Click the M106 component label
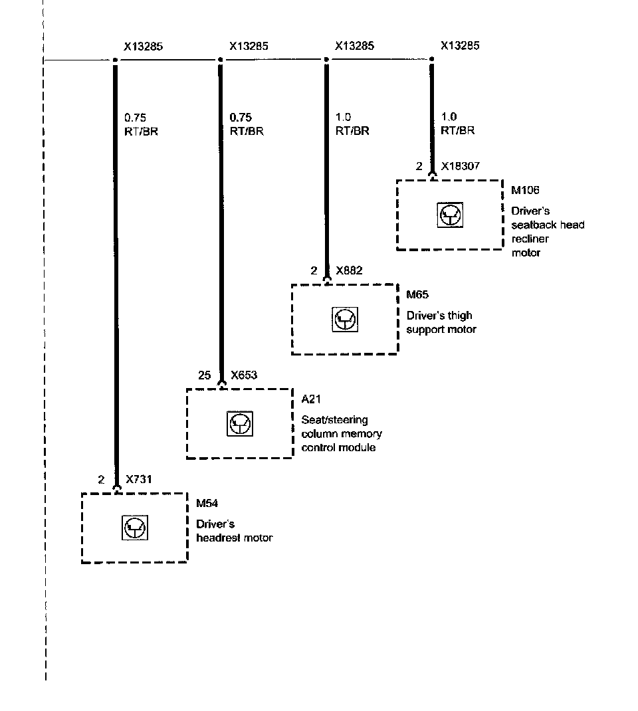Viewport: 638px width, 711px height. [524, 191]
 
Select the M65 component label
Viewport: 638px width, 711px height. [418, 295]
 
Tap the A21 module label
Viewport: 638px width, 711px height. [311, 399]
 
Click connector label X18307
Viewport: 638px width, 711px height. [460, 166]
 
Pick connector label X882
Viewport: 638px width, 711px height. [349, 270]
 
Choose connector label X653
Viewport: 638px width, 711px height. [244, 375]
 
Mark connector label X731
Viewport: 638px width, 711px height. [140, 479]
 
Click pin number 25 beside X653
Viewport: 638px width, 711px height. [205, 375]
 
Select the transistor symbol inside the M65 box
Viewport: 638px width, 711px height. [344, 320]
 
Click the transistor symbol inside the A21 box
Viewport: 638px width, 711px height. [239, 423]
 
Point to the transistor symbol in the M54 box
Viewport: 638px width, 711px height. [135, 528]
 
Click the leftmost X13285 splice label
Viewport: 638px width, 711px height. [144, 47]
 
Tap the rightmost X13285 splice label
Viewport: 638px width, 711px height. [460, 46]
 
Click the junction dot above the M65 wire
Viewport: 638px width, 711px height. [326, 60]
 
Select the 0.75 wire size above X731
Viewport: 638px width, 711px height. [135, 118]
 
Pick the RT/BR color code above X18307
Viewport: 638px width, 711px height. [458, 130]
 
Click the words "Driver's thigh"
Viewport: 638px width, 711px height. [439, 316]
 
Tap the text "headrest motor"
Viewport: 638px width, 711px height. [234, 538]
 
